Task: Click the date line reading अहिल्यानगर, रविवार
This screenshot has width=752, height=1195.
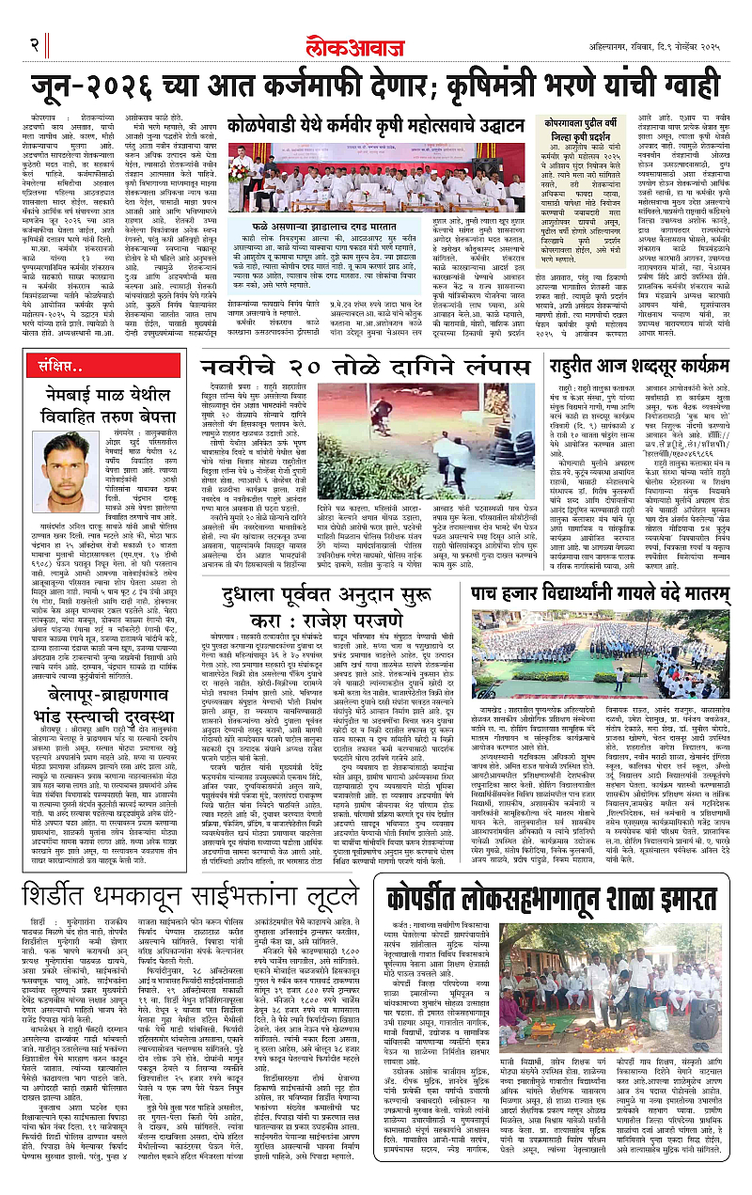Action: pos(650,44)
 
